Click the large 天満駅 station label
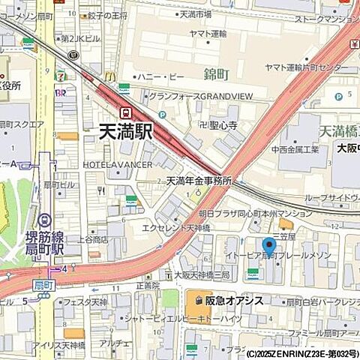pos(125,132)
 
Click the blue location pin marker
pos(268,246)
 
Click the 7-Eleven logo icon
pos(60,75)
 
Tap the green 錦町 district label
pos(215,73)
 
